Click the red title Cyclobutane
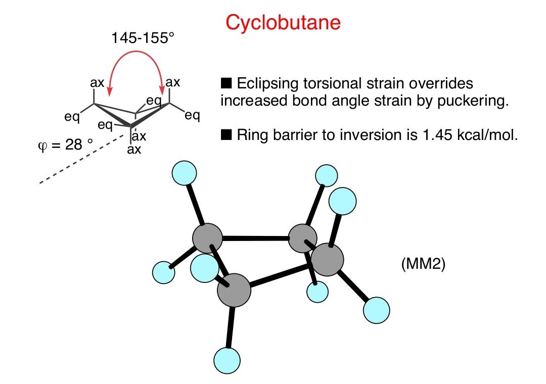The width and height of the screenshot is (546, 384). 283,23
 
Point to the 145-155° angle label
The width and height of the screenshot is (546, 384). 143,38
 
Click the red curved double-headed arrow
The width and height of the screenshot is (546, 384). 136,52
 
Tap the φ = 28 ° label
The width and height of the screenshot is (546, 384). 65,145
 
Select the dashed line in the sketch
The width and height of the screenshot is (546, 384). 81,159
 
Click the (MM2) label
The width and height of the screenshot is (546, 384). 423,264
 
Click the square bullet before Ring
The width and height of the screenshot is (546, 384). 226,134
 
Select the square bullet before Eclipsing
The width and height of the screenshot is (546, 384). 226,83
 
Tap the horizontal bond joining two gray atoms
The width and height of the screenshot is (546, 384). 256,238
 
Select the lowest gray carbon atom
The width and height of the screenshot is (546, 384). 234,290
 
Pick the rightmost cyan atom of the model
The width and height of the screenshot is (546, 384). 377,310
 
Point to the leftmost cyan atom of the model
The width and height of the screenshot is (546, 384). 164,273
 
